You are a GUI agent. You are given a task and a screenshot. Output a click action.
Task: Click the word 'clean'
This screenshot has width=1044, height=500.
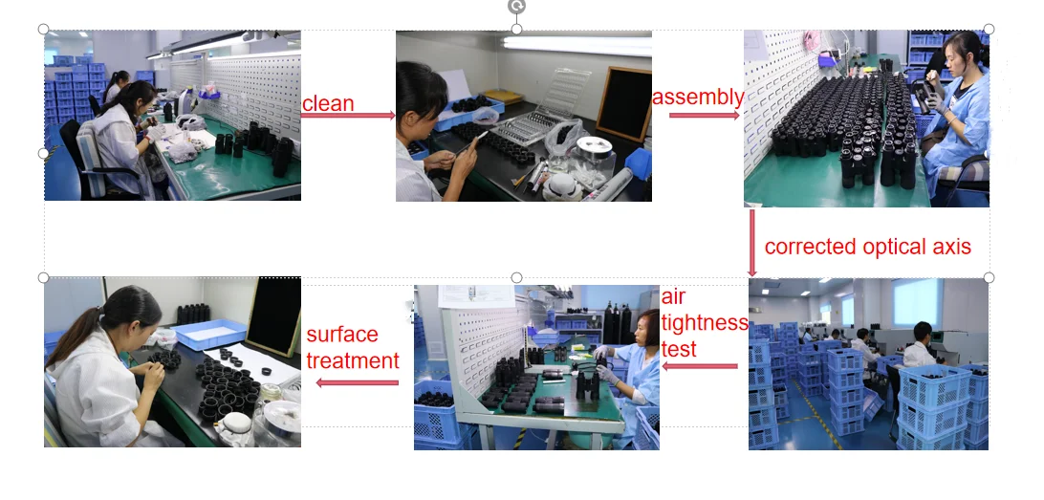(x=328, y=104)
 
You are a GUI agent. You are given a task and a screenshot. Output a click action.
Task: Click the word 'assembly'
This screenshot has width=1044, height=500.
(x=698, y=98)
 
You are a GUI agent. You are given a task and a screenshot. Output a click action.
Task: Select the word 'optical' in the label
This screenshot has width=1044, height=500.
(x=889, y=247)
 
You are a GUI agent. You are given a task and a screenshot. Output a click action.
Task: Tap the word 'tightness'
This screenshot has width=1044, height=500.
(x=705, y=323)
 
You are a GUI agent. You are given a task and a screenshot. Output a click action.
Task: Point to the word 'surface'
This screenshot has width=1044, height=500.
(x=342, y=335)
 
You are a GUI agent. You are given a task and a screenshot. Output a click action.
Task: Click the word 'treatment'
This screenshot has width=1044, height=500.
(x=353, y=360)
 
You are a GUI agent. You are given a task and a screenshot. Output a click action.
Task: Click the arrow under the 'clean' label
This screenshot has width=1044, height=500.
(x=348, y=115)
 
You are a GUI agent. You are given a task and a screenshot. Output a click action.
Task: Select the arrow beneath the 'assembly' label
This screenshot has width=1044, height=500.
(x=705, y=115)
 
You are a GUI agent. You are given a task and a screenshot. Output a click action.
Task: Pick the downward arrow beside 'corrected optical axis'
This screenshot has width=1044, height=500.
(x=752, y=243)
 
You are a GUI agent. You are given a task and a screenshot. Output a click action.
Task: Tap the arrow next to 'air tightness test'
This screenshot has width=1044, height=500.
(x=700, y=366)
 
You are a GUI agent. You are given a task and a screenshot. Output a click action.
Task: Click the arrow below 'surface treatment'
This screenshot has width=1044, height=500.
(x=357, y=382)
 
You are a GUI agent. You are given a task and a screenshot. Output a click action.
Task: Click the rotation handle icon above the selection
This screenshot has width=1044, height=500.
(x=516, y=6)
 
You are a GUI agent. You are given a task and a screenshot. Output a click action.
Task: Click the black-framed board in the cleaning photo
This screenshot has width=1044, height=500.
(x=624, y=104)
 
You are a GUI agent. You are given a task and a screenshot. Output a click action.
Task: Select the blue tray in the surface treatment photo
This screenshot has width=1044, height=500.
(x=209, y=335)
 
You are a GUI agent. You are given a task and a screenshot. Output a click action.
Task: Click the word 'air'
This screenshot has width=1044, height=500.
(x=673, y=297)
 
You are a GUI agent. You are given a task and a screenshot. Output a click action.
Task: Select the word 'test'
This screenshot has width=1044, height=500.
(x=679, y=349)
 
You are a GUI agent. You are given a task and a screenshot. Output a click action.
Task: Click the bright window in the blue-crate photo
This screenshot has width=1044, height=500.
(x=917, y=302)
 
